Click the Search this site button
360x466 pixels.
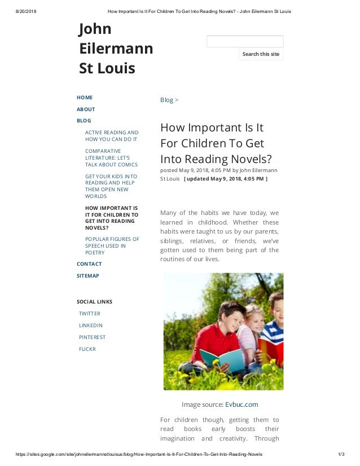click(261, 54)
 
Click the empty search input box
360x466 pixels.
click(245, 41)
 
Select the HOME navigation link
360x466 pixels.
click(85, 98)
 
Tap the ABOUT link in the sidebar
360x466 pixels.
click(86, 109)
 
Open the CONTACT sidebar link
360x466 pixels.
click(89, 264)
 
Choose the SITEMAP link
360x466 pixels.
click(88, 276)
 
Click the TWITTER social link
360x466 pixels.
click(90, 314)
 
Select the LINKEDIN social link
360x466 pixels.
click(91, 326)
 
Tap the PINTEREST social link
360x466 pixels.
click(92, 337)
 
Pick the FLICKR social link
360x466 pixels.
click(87, 349)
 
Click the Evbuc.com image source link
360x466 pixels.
click(242, 405)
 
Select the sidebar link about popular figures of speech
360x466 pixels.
click(112, 246)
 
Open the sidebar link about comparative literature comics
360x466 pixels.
click(111, 158)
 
